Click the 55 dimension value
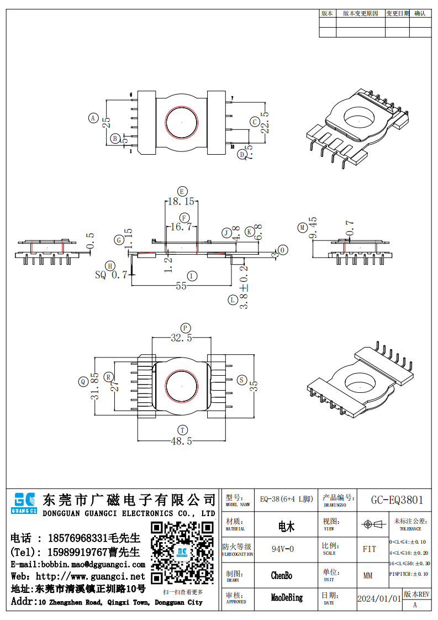[181, 286]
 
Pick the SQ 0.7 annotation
[112, 274]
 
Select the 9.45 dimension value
[313, 228]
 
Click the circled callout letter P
[186, 328]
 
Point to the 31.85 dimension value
[95, 386]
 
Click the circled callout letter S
[241, 380]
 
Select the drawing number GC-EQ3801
[397, 500]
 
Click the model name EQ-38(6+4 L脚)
[286, 500]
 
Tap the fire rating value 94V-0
[283, 549]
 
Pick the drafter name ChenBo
[282, 576]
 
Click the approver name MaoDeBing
[287, 598]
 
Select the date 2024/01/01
[379, 598]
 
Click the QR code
[182, 553]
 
